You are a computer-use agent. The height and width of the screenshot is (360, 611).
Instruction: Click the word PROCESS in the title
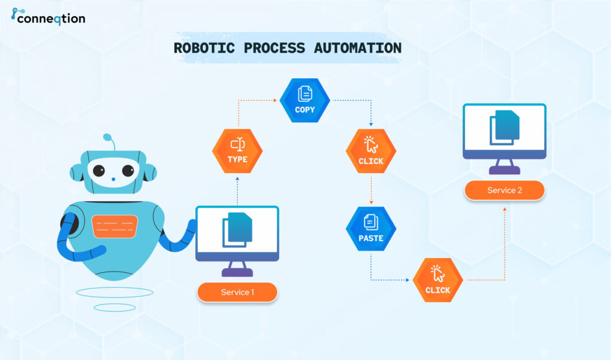274,48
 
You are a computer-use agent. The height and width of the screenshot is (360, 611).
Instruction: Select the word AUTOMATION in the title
358,48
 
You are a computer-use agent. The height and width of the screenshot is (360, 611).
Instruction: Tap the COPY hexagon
305,100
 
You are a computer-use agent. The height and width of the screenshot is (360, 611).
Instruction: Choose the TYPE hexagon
237,151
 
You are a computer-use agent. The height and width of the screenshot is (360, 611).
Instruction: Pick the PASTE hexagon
371,229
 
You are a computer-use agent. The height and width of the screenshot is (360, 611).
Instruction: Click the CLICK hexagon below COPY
371,151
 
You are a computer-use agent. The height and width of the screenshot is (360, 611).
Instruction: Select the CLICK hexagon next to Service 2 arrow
437,280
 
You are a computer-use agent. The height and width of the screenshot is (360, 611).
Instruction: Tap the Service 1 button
237,292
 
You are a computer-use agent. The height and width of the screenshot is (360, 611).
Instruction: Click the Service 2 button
505,190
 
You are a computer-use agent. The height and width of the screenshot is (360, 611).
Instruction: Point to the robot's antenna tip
107,137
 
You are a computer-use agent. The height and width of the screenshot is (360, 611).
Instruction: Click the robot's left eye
98,170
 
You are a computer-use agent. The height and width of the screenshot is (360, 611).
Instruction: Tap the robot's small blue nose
113,180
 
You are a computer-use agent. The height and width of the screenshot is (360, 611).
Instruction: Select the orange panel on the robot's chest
115,226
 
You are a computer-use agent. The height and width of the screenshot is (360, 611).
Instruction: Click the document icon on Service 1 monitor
237,230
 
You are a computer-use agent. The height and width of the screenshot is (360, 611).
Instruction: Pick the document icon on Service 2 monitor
505,128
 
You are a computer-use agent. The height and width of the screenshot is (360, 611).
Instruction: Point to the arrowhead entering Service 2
505,210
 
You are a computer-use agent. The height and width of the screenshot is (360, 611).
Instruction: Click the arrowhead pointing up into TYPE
237,179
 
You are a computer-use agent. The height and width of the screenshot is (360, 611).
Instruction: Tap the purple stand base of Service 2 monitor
505,170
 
